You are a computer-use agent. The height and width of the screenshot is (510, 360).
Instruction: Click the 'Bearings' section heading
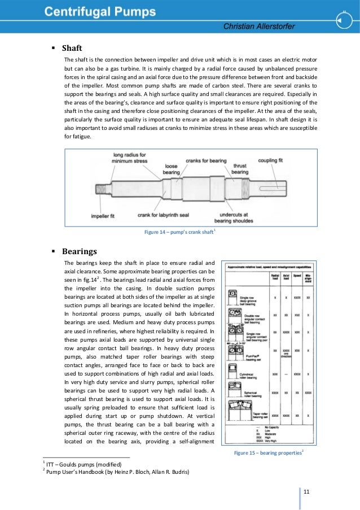[x=80, y=251]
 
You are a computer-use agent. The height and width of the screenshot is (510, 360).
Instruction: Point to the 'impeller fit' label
[x=104, y=216]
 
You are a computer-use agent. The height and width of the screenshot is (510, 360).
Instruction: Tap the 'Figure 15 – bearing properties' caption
[x=270, y=452]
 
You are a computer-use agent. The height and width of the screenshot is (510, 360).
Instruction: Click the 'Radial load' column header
[x=274, y=276]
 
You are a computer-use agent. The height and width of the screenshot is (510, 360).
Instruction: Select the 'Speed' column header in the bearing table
[x=297, y=276]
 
